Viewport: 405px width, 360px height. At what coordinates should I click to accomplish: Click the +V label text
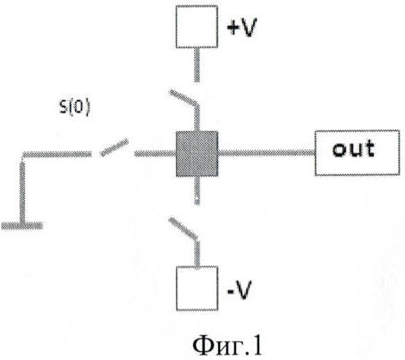241,28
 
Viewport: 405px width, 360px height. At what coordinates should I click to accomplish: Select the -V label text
240,289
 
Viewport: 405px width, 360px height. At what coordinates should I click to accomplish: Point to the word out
353,148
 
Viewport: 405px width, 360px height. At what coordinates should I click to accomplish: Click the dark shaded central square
197,154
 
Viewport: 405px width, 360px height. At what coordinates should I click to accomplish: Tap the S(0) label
74,107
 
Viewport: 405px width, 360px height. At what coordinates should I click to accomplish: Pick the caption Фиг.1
228,346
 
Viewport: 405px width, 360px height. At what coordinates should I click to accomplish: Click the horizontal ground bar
22,226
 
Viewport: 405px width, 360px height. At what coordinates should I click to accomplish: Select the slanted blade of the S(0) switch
114,147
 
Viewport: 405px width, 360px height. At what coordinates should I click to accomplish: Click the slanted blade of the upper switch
183,97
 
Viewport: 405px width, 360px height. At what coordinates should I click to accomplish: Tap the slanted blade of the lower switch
183,229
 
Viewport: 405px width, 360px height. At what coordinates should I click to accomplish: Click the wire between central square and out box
266,153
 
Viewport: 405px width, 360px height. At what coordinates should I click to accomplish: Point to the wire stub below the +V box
197,65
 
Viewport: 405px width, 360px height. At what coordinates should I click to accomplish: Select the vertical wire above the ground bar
22,190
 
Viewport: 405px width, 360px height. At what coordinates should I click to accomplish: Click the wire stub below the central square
197,190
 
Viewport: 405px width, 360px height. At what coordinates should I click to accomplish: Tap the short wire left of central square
155,154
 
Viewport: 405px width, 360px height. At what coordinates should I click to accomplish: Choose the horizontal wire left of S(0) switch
57,154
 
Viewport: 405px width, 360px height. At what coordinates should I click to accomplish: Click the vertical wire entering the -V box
197,253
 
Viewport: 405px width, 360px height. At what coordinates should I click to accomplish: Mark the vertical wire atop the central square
197,119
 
